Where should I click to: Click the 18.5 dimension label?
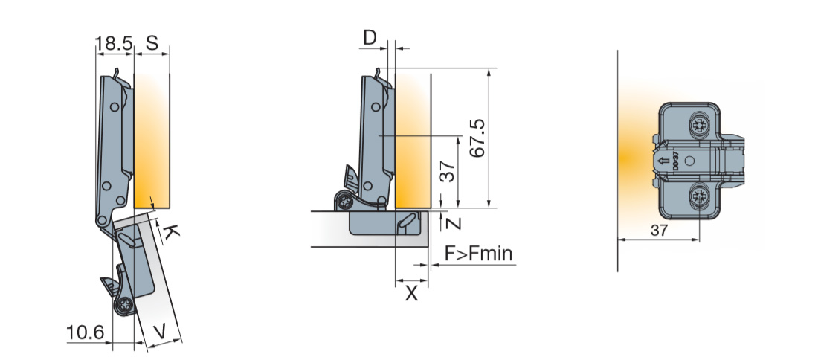click(114, 43)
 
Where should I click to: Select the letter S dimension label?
click(152, 43)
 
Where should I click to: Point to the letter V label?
click(161, 331)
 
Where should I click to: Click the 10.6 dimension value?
click(86, 332)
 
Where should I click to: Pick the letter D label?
click(370, 38)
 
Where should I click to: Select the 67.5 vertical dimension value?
click(477, 138)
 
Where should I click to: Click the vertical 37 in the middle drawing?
click(447, 171)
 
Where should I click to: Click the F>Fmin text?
click(479, 254)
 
